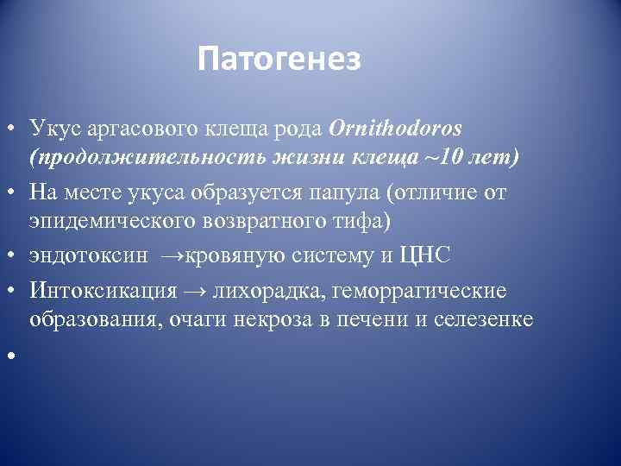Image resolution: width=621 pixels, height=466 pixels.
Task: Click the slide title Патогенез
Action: click(279, 60)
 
